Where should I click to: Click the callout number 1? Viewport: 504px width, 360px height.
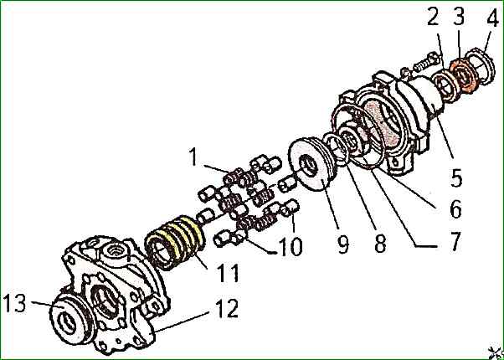[193, 156]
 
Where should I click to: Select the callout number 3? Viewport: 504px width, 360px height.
[459, 16]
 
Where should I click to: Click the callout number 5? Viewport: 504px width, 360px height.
[455, 177]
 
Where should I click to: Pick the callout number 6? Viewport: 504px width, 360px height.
[455, 209]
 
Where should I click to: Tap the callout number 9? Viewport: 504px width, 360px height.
[342, 244]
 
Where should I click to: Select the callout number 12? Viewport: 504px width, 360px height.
[228, 309]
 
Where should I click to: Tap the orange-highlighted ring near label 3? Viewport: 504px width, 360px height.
[461, 76]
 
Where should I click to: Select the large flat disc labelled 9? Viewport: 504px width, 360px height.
[311, 164]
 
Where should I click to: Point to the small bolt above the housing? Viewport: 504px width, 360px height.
[423, 64]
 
